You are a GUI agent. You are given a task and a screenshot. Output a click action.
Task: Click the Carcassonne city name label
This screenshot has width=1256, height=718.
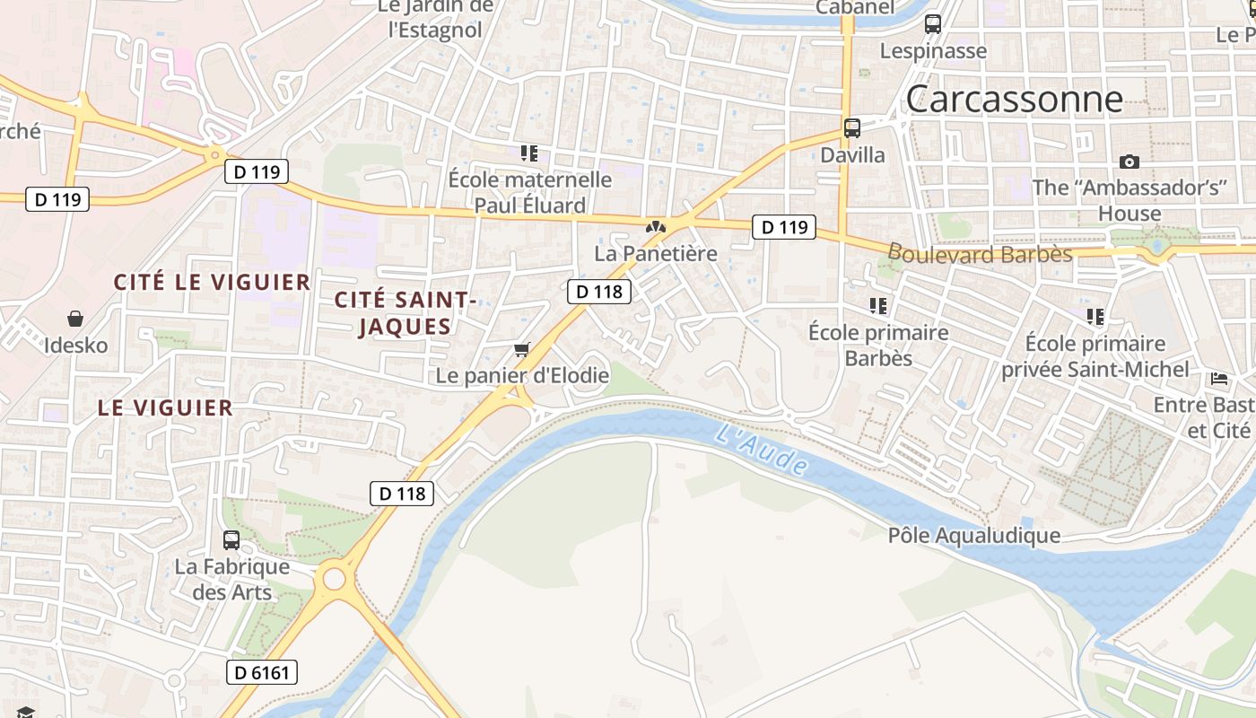click(x=1014, y=99)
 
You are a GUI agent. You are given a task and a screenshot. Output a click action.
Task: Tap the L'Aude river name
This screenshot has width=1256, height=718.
click(x=762, y=450)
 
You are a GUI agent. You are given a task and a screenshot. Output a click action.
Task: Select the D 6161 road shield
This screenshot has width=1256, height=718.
click(x=261, y=672)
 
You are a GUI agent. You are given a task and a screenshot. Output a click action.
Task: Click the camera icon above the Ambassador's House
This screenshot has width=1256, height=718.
click(x=1130, y=162)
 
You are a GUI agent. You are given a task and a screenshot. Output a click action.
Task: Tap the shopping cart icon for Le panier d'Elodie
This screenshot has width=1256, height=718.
click(x=522, y=349)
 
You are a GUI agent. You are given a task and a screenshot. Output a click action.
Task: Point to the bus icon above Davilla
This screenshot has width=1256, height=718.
click(x=851, y=128)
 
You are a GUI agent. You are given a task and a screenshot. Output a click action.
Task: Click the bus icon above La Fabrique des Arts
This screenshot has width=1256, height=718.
click(x=231, y=540)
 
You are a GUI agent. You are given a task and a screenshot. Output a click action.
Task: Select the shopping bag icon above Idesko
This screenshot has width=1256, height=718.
click(x=75, y=319)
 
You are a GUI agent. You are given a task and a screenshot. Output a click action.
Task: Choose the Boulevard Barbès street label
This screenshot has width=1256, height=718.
click(x=981, y=254)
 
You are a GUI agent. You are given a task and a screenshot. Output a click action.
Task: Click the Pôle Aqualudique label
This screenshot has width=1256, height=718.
click(x=973, y=536)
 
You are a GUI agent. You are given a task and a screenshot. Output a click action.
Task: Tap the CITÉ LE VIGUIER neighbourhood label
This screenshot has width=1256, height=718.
click(x=212, y=282)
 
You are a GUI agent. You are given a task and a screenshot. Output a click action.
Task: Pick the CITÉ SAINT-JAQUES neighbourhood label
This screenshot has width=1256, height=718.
click(x=405, y=312)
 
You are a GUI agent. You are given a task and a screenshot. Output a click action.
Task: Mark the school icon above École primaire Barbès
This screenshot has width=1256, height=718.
click(x=877, y=306)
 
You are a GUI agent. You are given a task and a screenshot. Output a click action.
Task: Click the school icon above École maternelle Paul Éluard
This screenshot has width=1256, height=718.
click(x=529, y=153)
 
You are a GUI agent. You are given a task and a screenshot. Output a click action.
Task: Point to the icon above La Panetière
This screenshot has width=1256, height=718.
click(x=656, y=227)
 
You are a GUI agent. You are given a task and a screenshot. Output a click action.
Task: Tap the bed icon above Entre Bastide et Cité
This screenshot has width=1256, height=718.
click(x=1219, y=379)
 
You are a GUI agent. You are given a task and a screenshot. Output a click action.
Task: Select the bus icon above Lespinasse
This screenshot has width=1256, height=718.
click(x=933, y=24)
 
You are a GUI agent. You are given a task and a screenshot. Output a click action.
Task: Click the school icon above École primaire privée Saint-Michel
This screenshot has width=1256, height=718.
click(x=1095, y=317)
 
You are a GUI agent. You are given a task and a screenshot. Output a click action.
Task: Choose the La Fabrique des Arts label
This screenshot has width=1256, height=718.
click(x=231, y=580)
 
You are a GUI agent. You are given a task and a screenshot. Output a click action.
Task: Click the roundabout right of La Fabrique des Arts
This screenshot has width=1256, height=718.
click(x=334, y=579)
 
